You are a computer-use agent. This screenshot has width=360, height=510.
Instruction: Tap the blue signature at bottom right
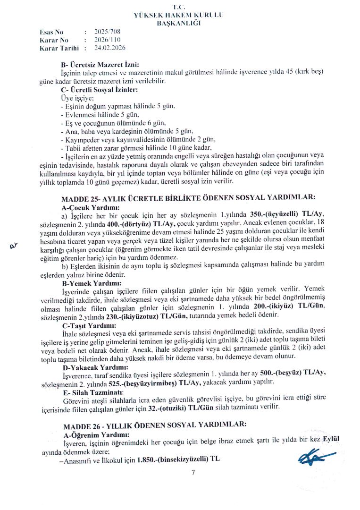click(316, 457)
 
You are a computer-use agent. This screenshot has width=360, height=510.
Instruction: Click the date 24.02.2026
click(110, 48)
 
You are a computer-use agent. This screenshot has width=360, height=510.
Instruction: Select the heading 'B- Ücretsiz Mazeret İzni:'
click(100, 64)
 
